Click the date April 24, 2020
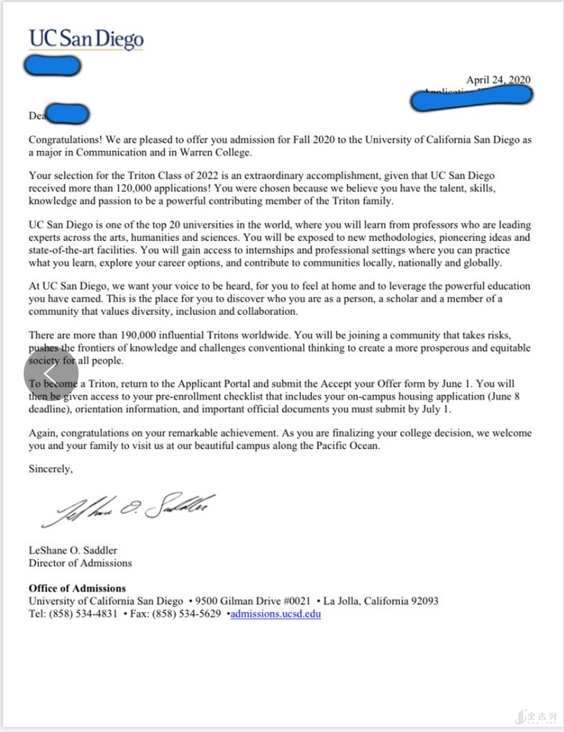click(498, 80)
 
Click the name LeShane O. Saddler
click(73, 550)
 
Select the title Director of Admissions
click(80, 563)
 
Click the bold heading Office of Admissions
click(77, 588)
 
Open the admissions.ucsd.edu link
click(276, 613)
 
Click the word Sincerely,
click(51, 469)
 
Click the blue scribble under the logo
click(53, 66)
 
